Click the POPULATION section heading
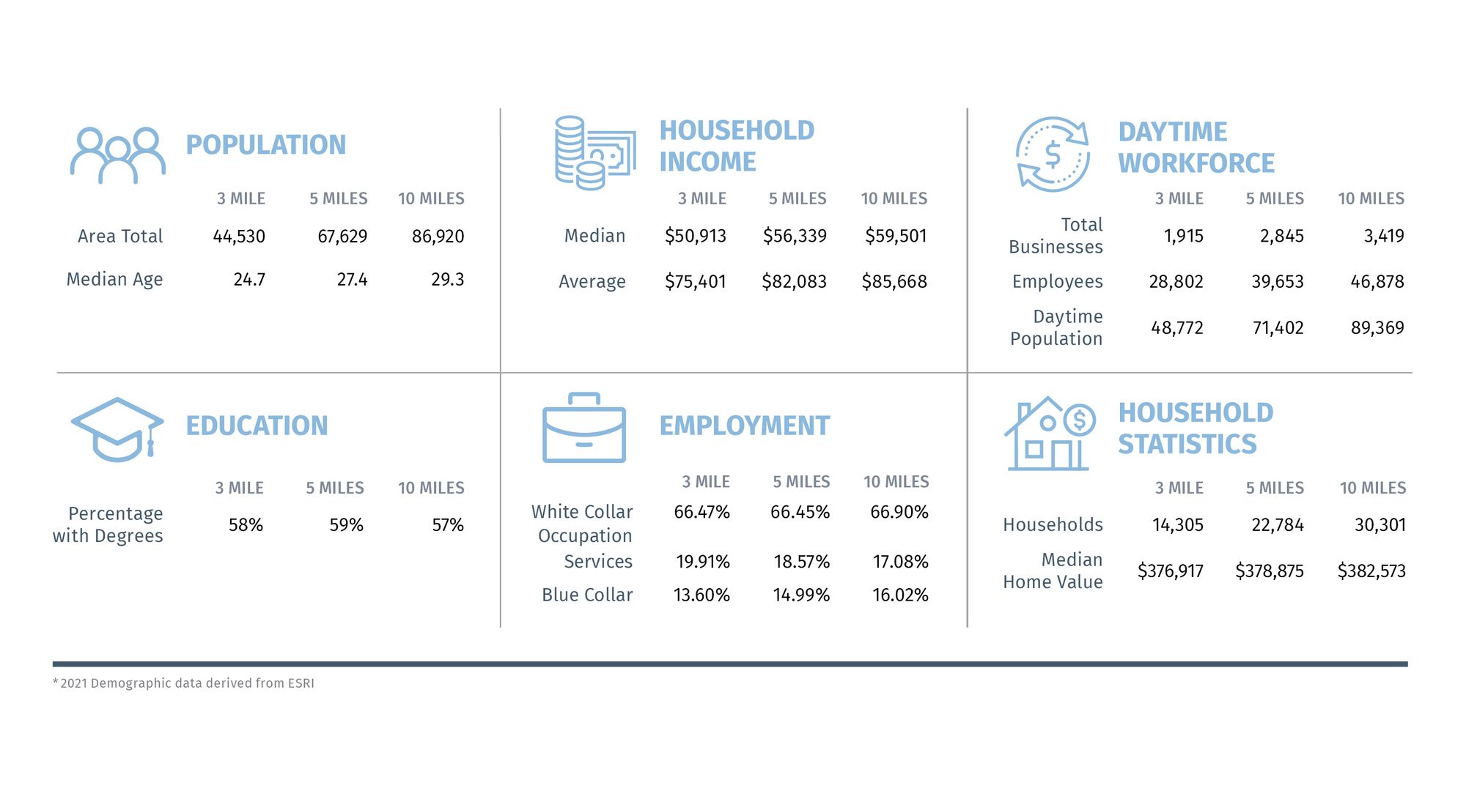coord(265,144)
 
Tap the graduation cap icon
coord(117,430)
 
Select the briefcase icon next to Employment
coord(584,428)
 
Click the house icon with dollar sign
coord(1050,434)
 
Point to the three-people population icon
coord(117,155)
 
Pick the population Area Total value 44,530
coord(239,237)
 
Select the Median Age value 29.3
coord(447,279)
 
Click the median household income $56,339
coord(795,236)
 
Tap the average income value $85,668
coord(894,281)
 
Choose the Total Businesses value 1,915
coord(1184,236)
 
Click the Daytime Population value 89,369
coord(1377,327)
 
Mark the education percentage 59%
coord(346,525)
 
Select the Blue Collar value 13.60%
coord(701,595)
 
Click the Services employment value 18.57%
coord(801,562)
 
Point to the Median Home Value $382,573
coord(1371,571)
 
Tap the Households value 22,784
coord(1278,525)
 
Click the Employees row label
coord(1057,282)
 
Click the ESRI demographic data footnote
coord(183,683)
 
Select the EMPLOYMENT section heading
coord(744,426)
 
